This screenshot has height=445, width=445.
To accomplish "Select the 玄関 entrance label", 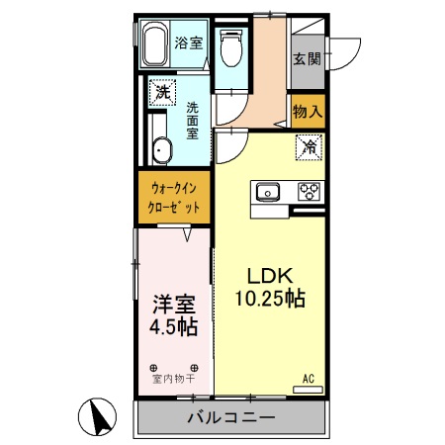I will (x=307, y=58).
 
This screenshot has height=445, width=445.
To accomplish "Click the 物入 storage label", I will (x=308, y=112).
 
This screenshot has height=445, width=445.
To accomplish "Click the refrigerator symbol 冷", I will (x=309, y=148).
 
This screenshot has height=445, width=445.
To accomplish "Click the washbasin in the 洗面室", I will (x=162, y=151).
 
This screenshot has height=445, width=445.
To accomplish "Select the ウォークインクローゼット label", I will (x=173, y=197).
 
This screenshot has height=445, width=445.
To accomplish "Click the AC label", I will (x=308, y=378).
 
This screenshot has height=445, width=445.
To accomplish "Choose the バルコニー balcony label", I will (x=230, y=418).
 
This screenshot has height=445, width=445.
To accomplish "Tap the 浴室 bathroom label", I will (x=189, y=43).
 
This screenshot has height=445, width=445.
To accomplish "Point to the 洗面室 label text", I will (x=193, y=120).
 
